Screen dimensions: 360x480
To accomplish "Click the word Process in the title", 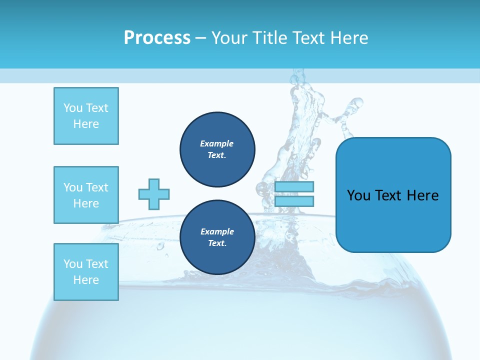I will [x=157, y=38].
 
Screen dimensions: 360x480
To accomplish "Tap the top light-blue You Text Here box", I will [x=86, y=116].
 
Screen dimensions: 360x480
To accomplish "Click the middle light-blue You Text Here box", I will [x=86, y=195].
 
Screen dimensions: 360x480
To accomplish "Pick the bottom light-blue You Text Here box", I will [x=86, y=272].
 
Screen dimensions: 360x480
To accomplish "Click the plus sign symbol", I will [x=154, y=194].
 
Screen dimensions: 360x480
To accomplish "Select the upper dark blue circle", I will [x=217, y=149].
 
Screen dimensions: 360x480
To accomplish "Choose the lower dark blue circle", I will [x=217, y=237].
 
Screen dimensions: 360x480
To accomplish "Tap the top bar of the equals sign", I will [x=294, y=187].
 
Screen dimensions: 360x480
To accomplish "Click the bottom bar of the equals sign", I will [x=294, y=201].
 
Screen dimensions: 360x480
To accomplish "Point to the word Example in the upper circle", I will [x=217, y=143].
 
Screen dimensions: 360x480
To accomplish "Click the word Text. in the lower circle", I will [x=217, y=243].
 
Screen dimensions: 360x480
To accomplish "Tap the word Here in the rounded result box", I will [x=422, y=195].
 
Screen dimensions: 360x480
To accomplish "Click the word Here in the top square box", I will [x=86, y=124].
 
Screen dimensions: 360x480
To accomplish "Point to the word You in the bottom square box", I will [x=73, y=264].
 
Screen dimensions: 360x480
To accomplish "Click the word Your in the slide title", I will [x=229, y=38].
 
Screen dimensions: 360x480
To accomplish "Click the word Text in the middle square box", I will [x=97, y=187].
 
